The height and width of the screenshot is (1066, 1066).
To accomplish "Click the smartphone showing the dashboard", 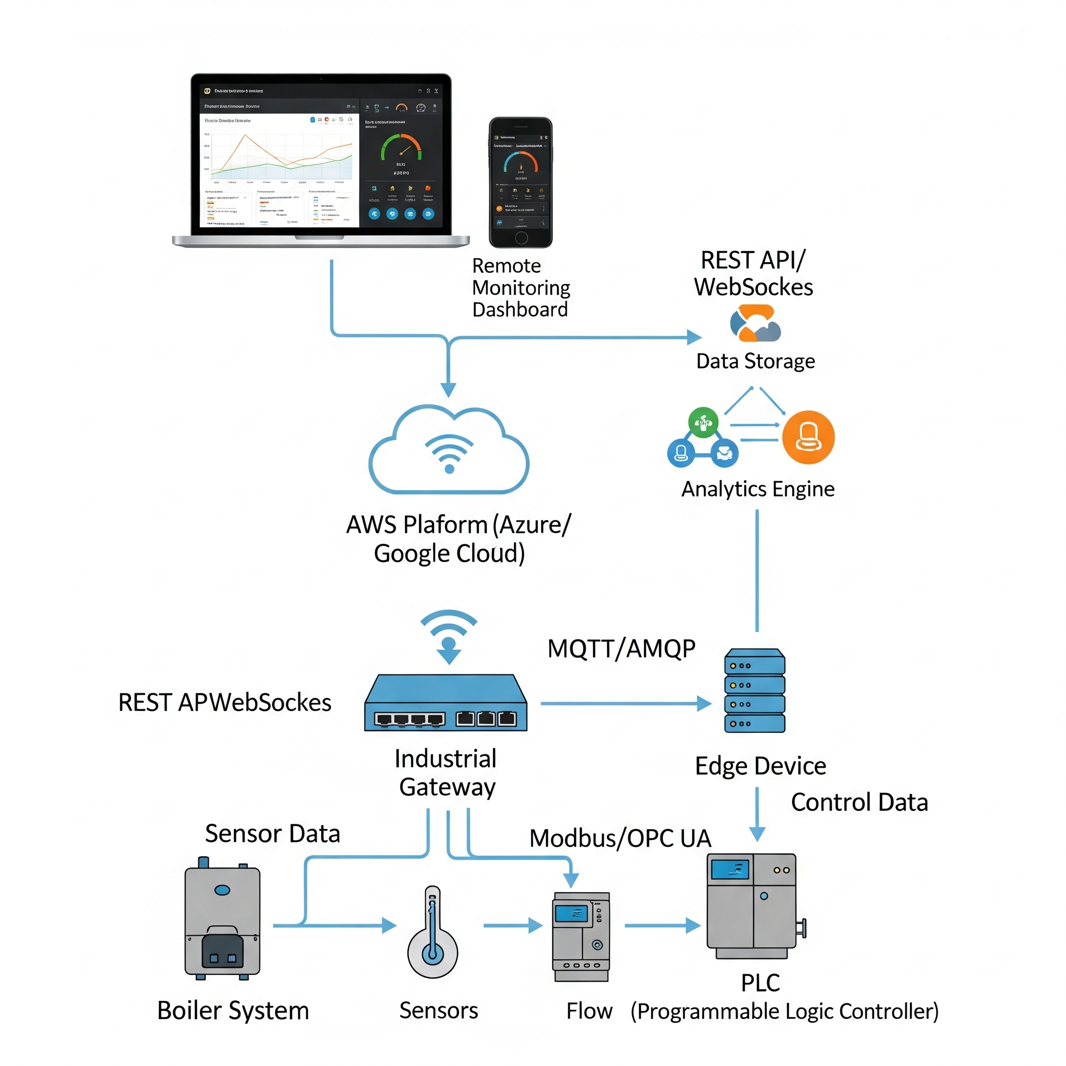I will point(521,182).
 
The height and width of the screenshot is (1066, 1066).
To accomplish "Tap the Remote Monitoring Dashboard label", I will point(521,287).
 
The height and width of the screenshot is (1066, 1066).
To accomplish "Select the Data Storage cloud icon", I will point(755,323).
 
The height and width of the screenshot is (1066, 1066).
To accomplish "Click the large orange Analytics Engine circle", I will point(808,438).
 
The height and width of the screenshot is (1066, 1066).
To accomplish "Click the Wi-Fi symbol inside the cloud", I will point(449,453).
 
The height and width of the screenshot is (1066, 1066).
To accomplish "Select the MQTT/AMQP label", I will point(621,649).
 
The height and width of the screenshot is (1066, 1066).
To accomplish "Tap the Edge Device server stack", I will point(754,690).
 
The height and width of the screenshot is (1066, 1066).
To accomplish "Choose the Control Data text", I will point(859,802).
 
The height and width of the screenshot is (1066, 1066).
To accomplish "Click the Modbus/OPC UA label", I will point(620,838).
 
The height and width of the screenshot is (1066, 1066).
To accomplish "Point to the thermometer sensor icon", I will point(433,932).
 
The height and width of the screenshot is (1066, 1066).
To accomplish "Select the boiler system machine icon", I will point(222,918).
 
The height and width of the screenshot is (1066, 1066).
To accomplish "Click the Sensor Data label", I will point(273,833).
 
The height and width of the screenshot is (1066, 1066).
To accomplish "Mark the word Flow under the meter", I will point(589,1011).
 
